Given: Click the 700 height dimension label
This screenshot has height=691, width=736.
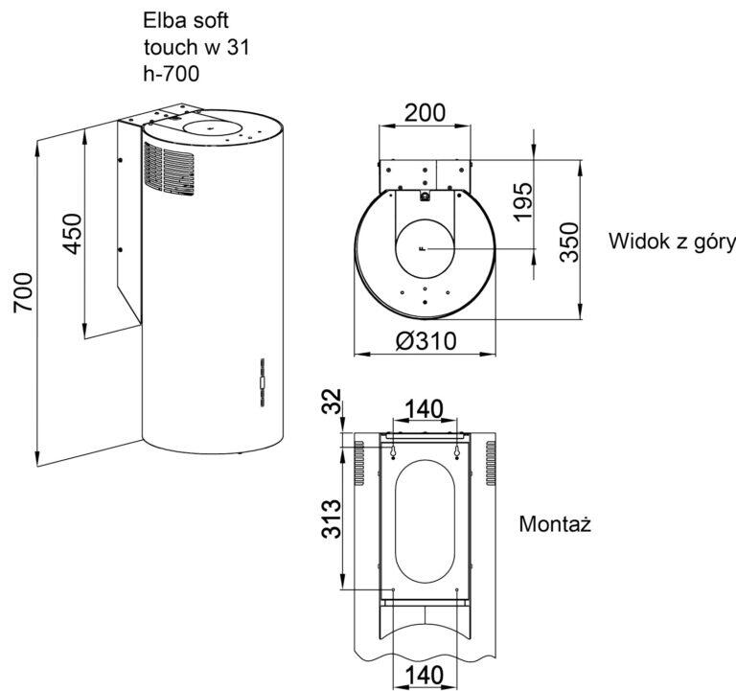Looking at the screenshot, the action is click(23, 292).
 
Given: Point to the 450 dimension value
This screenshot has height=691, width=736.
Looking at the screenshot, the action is click(72, 234).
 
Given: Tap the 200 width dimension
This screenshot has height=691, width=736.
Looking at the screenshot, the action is click(425, 113).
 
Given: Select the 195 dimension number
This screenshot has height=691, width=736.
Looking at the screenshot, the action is click(523, 201).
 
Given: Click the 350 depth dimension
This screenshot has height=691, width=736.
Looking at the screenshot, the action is click(570, 242).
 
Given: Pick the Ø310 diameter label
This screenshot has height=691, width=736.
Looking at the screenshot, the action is click(425, 341).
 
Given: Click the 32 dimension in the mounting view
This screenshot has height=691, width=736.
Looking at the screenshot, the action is click(333, 402).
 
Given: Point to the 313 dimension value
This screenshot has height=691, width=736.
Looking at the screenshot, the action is click(331, 518).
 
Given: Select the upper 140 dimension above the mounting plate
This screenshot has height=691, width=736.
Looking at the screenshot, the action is click(423, 409).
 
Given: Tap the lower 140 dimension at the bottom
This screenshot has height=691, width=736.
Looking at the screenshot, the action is click(424, 676).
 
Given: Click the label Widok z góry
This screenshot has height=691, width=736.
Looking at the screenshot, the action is click(672, 242).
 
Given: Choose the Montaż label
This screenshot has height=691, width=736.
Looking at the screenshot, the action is click(555, 523).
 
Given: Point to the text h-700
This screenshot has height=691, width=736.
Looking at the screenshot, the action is click(172, 74).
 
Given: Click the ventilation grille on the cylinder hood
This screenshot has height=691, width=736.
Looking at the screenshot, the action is click(169, 169).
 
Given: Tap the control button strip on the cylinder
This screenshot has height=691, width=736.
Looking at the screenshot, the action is click(263, 382).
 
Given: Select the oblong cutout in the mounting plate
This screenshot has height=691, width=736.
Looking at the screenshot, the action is click(425, 521).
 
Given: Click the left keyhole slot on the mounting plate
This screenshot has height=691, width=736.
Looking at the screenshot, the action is click(392, 451).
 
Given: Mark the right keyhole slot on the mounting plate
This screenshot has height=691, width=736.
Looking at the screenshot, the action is click(457, 451).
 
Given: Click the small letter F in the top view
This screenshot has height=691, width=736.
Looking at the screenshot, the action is click(423, 248).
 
